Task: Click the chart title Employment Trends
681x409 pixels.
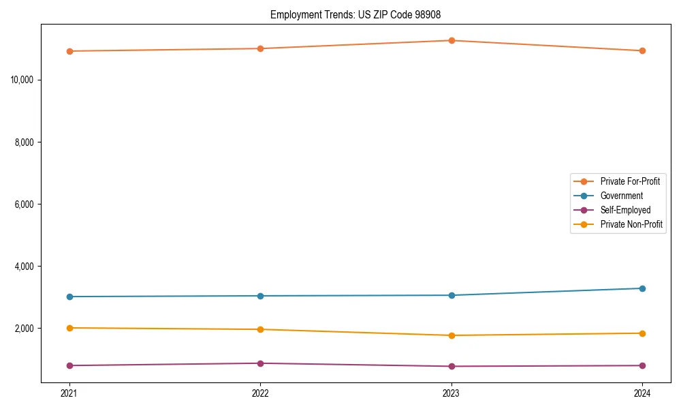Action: (x=360, y=14)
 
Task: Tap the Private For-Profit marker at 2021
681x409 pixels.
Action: (x=69, y=51)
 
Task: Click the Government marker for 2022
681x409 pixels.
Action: (x=260, y=296)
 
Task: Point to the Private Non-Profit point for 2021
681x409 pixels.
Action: (x=69, y=328)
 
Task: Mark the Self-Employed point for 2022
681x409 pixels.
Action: (x=260, y=363)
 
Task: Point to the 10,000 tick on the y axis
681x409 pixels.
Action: (x=27, y=80)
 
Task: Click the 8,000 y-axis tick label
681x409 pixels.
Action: (x=29, y=142)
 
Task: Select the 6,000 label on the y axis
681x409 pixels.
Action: (x=29, y=204)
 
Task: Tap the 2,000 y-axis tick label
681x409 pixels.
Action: (x=29, y=328)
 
